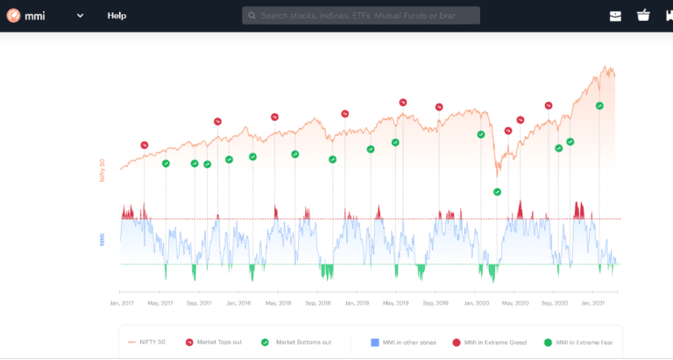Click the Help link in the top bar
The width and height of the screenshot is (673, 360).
117,16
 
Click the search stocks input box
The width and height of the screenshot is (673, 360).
360,16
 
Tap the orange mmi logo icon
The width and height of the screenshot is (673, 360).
13,15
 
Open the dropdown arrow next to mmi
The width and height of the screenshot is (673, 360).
80,16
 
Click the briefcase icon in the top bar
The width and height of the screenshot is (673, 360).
615,16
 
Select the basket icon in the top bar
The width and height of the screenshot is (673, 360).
643,16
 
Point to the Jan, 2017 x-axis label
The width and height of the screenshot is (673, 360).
121,303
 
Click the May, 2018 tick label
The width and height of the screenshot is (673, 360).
278,303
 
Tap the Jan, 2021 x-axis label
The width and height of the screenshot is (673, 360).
593,303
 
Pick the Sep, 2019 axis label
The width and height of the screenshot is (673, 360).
436,303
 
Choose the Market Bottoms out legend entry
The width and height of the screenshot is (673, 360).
298,342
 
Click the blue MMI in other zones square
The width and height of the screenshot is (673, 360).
373,342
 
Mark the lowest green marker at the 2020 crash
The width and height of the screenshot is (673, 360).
497,192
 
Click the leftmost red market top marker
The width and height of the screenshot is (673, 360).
145,145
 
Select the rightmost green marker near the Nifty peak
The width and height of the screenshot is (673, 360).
599,105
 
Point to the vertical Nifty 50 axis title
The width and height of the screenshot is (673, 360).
102,169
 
